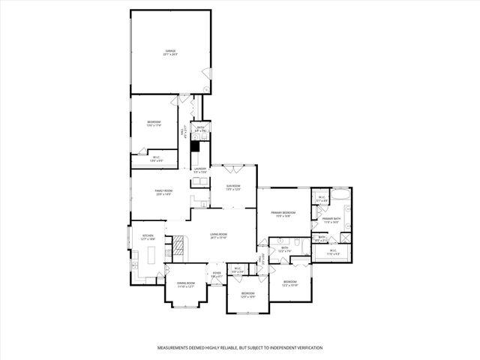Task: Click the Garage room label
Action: (x=171, y=52)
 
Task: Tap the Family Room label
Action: (x=164, y=193)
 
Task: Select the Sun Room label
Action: (x=233, y=187)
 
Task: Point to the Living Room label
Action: (x=218, y=235)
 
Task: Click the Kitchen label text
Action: (x=148, y=237)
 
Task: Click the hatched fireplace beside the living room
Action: (x=178, y=247)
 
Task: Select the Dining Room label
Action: (x=185, y=284)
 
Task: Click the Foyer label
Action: (x=216, y=274)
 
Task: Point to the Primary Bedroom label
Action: (x=283, y=214)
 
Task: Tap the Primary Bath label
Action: (x=331, y=220)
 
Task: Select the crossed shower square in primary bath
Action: (x=346, y=238)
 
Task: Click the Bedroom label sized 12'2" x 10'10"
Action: (x=290, y=285)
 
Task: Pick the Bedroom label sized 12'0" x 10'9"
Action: (x=247, y=294)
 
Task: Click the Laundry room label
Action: (x=199, y=170)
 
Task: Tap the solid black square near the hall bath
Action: (x=195, y=147)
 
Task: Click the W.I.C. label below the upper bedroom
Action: (x=156, y=158)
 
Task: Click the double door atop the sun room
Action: (x=234, y=166)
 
